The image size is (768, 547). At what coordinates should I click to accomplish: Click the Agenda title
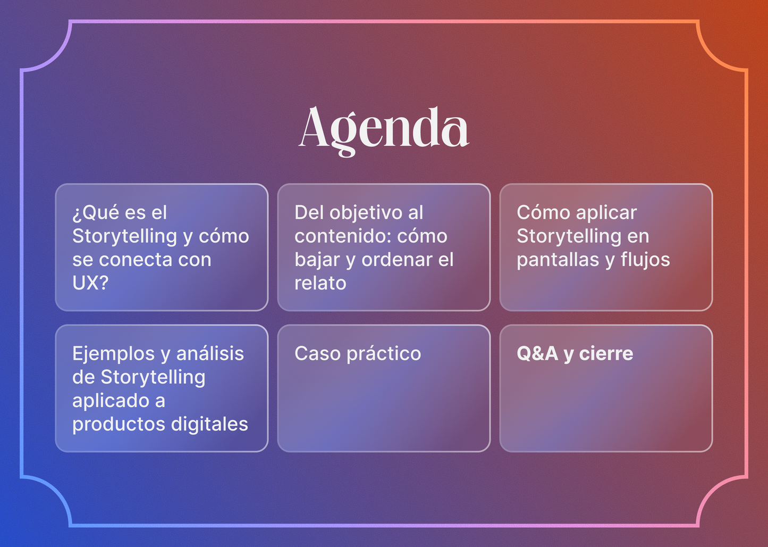pos(384,129)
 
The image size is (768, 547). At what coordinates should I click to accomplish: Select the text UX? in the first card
pos(90,283)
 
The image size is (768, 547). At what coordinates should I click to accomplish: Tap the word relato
pos(320,283)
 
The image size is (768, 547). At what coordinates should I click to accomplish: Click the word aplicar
pos(606,213)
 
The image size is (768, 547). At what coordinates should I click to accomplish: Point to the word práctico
pos(384,354)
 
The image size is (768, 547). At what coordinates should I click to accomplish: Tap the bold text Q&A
pos(537,354)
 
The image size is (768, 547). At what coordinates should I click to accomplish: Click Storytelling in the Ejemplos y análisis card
pos(153,377)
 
